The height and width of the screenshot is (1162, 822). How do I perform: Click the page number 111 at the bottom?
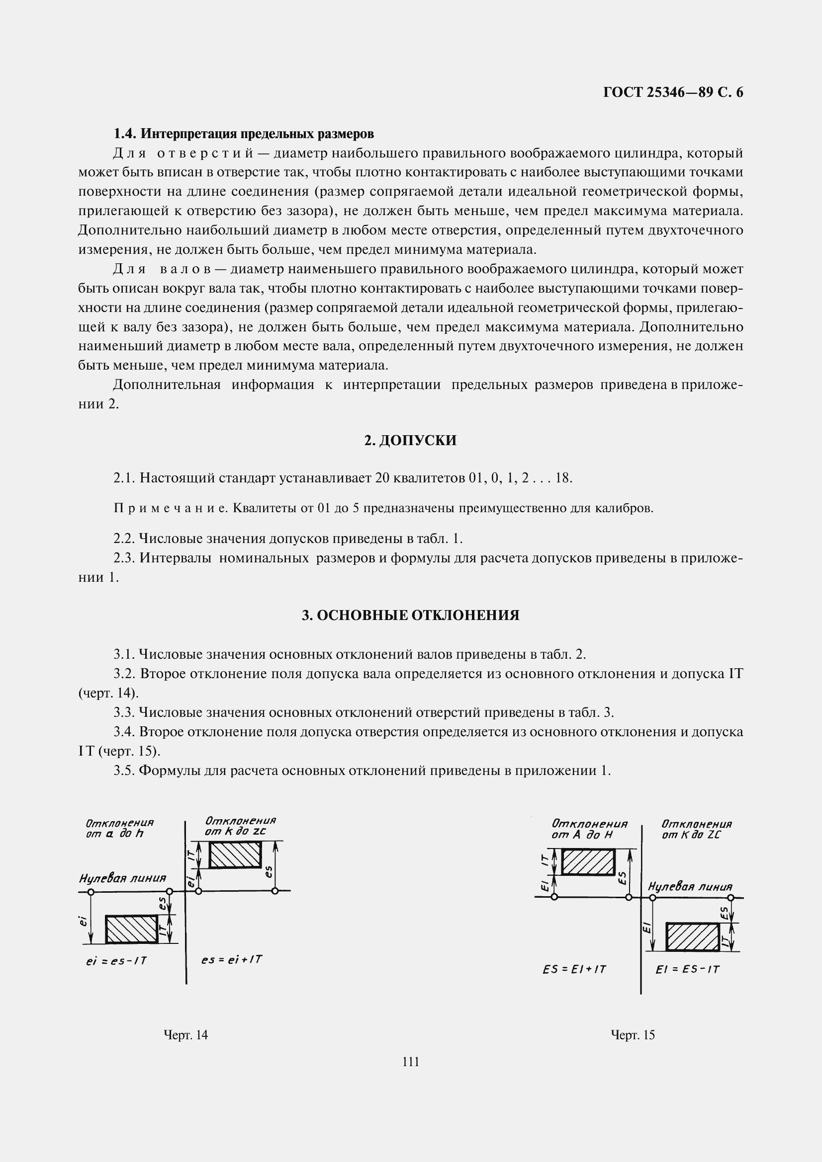pos(410,1062)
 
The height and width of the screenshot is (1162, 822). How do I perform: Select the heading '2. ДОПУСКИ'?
pos(410,440)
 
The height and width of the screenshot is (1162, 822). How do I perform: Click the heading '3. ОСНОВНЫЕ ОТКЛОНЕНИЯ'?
pos(410,616)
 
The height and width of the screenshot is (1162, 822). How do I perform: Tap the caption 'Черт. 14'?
pos(185,1035)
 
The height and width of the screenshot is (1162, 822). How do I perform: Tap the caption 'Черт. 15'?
pos(633,1035)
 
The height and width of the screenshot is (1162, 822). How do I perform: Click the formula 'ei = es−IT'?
pos(116,961)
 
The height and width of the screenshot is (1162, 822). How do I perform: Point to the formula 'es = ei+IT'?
pos(231,960)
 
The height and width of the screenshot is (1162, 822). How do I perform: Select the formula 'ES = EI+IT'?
pos(574,969)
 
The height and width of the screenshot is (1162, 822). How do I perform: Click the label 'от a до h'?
pos(115,834)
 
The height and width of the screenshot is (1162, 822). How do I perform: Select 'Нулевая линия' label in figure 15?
pos(690,887)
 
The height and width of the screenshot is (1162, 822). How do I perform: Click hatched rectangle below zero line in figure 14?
pos(131,929)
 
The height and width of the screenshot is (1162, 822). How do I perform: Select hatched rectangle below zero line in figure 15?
pos(692,937)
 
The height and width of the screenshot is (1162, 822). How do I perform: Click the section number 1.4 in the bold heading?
pos(125,134)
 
